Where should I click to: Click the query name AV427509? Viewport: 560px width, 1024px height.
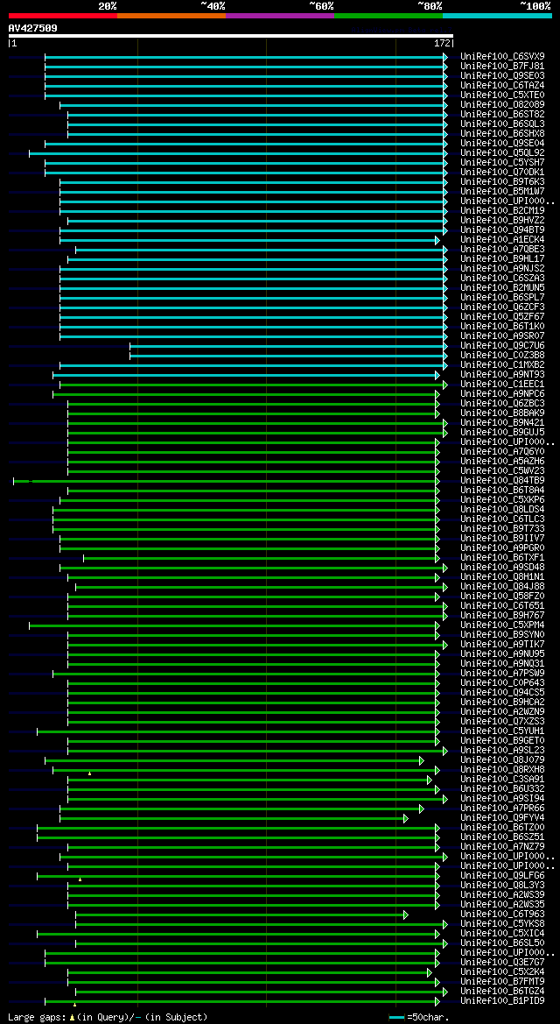tap(32, 28)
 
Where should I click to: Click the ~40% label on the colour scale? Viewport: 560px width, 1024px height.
tap(213, 5)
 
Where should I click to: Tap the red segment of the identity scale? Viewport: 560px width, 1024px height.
tap(62, 15)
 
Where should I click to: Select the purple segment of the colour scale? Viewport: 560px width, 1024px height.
tap(279, 15)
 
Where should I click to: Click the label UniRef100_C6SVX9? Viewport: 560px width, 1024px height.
tap(502, 56)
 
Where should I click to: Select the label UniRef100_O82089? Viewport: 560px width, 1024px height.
tap(502, 104)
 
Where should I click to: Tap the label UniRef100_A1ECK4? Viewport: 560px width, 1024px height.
tap(502, 239)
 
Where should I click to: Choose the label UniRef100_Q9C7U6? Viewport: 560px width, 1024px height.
tap(502, 345)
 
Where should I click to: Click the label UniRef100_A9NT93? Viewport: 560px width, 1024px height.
tap(502, 374)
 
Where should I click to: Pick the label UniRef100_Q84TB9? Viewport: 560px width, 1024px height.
tap(502, 480)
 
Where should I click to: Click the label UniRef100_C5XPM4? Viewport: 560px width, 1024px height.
tap(502, 625)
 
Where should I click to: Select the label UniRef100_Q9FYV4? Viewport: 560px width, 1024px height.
tap(502, 817)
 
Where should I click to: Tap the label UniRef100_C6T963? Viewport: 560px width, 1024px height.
tap(502, 914)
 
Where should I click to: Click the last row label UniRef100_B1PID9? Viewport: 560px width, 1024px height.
tap(502, 1000)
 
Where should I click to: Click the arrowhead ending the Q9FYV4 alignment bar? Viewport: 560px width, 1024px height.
tap(406, 818)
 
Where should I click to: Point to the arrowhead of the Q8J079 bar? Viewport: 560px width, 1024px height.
tap(422, 760)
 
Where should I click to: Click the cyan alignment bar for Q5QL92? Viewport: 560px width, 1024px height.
tap(236, 153)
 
